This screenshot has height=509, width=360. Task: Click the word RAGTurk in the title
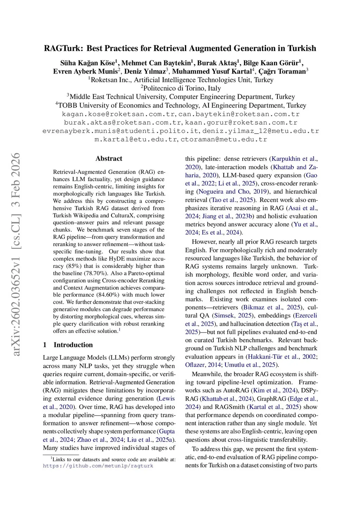(63, 49)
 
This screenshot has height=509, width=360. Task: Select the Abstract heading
(109, 159)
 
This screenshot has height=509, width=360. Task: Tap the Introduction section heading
(73, 345)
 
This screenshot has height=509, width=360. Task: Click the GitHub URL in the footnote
(98, 466)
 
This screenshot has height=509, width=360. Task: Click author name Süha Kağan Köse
(88, 63)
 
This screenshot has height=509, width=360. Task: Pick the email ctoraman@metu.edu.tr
(224, 140)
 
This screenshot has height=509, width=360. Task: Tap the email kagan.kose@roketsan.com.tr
(118, 114)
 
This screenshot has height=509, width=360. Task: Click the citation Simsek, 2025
(232, 316)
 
